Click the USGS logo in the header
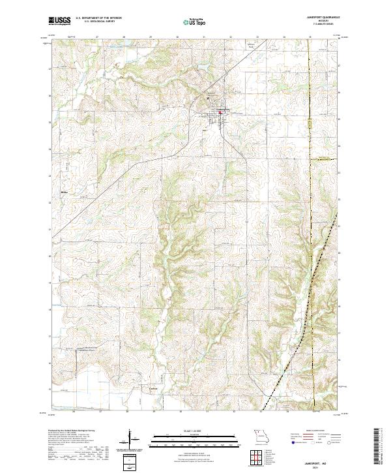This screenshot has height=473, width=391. pos(60,21)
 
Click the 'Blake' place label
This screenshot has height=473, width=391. pos(63,193)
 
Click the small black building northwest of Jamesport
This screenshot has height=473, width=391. pos(208,98)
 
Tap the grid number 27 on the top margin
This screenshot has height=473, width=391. pos(96,38)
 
